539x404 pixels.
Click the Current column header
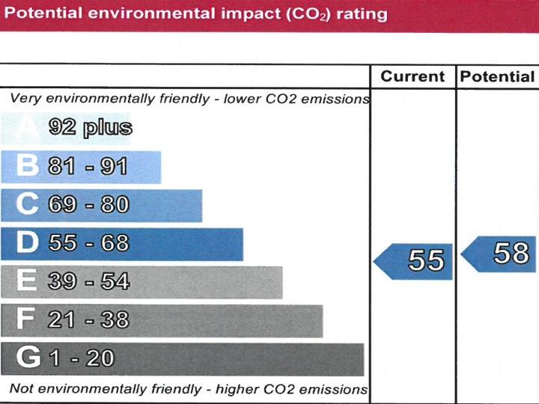click(x=412, y=77)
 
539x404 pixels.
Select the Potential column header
click(x=497, y=77)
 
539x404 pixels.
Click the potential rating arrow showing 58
click(x=500, y=254)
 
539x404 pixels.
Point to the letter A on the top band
click(x=28, y=128)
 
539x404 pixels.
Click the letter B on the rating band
click(x=27, y=166)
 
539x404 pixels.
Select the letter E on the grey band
click(x=27, y=281)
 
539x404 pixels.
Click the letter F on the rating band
click(x=26, y=320)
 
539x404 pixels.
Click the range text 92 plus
click(x=91, y=128)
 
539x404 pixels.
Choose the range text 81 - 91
click(x=88, y=166)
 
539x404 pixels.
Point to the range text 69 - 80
click(x=88, y=205)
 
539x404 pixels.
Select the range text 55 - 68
click(x=88, y=243)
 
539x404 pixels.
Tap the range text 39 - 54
click(x=88, y=282)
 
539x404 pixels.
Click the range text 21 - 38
click(x=88, y=320)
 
